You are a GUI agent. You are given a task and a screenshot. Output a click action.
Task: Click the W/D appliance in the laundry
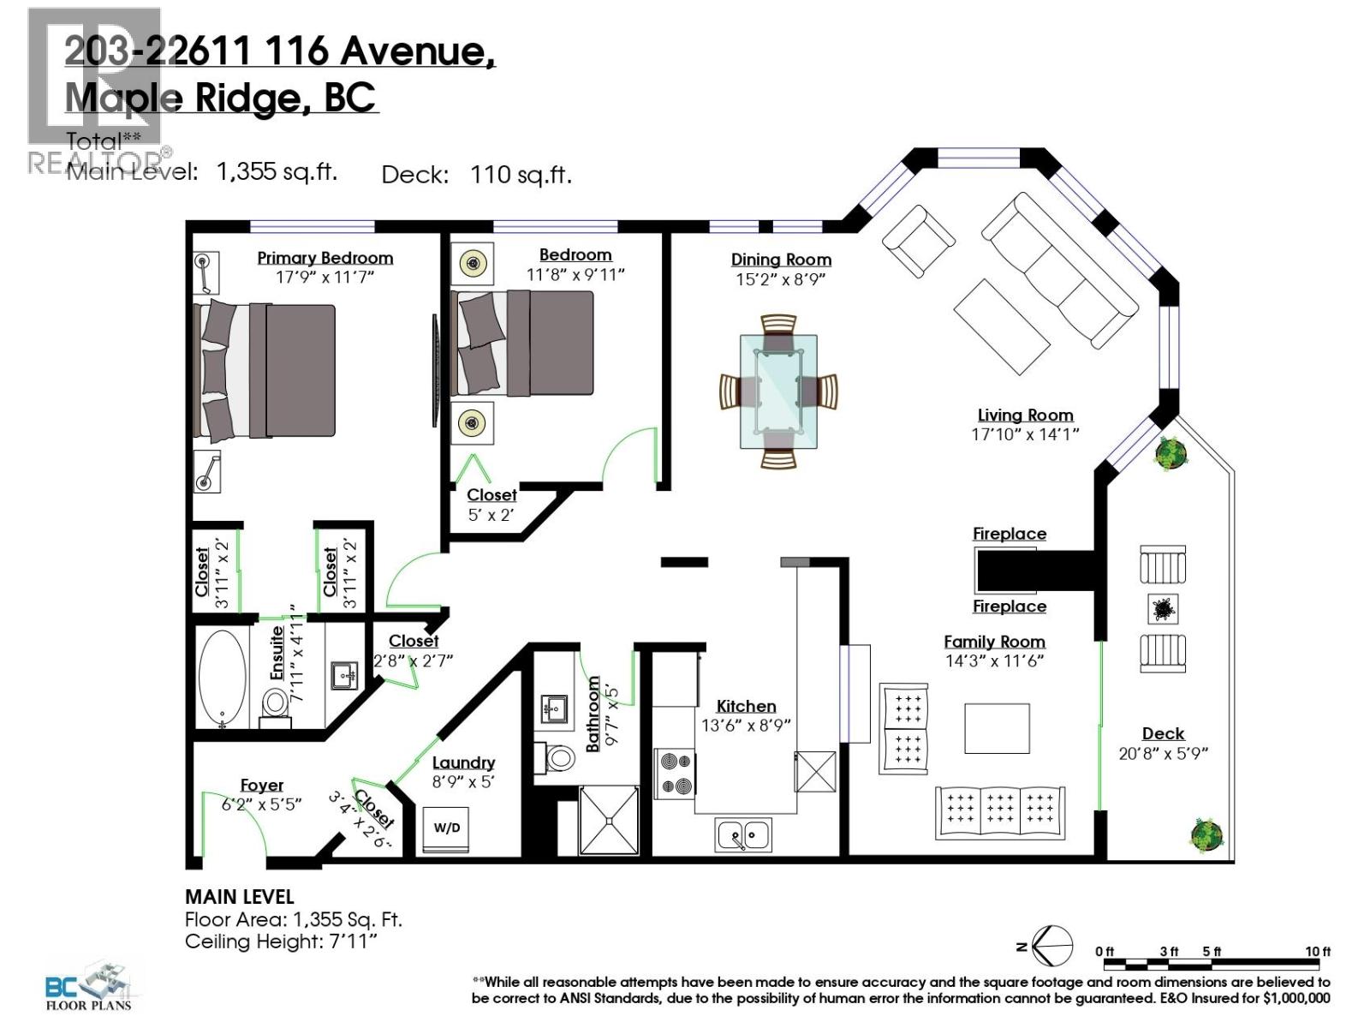pos(446,828)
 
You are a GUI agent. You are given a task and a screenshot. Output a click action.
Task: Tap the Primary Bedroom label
pos(325,258)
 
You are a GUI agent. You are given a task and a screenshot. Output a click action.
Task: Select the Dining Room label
pos(781,260)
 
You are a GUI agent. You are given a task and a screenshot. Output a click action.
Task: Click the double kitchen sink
pos(743,834)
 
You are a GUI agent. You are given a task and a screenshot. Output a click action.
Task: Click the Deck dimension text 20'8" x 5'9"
pos(1163,754)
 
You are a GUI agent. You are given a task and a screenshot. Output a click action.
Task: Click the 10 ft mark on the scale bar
pos(1318,952)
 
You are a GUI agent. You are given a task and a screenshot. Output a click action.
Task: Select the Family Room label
pos(994,642)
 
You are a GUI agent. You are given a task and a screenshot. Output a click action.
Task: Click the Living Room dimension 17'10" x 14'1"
pos(1025,434)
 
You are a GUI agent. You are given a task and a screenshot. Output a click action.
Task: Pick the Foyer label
pos(262,785)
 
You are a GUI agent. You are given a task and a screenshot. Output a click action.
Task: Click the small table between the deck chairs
pos(1162,609)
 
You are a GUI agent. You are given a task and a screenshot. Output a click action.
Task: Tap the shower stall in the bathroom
pos(609,820)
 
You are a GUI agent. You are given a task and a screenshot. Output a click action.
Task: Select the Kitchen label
pos(746,706)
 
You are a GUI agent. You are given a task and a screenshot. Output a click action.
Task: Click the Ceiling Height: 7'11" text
pos(281,941)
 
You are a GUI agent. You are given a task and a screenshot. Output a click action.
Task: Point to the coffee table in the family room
pos(997,728)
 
